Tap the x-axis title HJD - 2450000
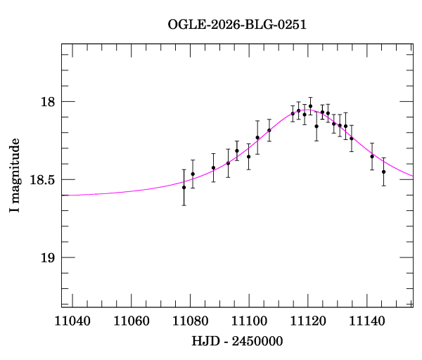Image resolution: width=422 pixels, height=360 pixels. coord(238,341)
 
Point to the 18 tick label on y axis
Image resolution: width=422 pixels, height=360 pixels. coord(47,102)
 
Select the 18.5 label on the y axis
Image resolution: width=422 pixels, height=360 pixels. coord(41,180)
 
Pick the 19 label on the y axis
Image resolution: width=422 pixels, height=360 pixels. coord(47,258)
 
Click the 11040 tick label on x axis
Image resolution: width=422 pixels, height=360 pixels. coord(72,321)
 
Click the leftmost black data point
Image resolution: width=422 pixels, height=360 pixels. coord(184,187)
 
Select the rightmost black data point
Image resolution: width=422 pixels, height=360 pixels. coord(383,172)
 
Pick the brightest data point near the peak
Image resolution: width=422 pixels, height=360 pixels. coord(310,106)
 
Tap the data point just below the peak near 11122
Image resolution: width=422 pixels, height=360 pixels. coord(316,126)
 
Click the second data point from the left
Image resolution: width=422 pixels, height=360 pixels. coord(193,174)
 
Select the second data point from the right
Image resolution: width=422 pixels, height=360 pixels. coord(372,156)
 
